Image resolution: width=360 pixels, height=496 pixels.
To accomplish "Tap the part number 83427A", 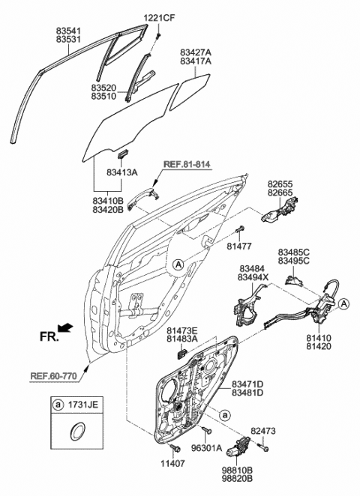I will tap(196, 52).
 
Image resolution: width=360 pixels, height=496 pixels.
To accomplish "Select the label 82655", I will tap(281, 183).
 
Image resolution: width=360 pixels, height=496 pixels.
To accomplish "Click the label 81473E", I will tap(182, 330).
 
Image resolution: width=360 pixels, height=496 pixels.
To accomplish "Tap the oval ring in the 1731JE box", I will tap(77, 432).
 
